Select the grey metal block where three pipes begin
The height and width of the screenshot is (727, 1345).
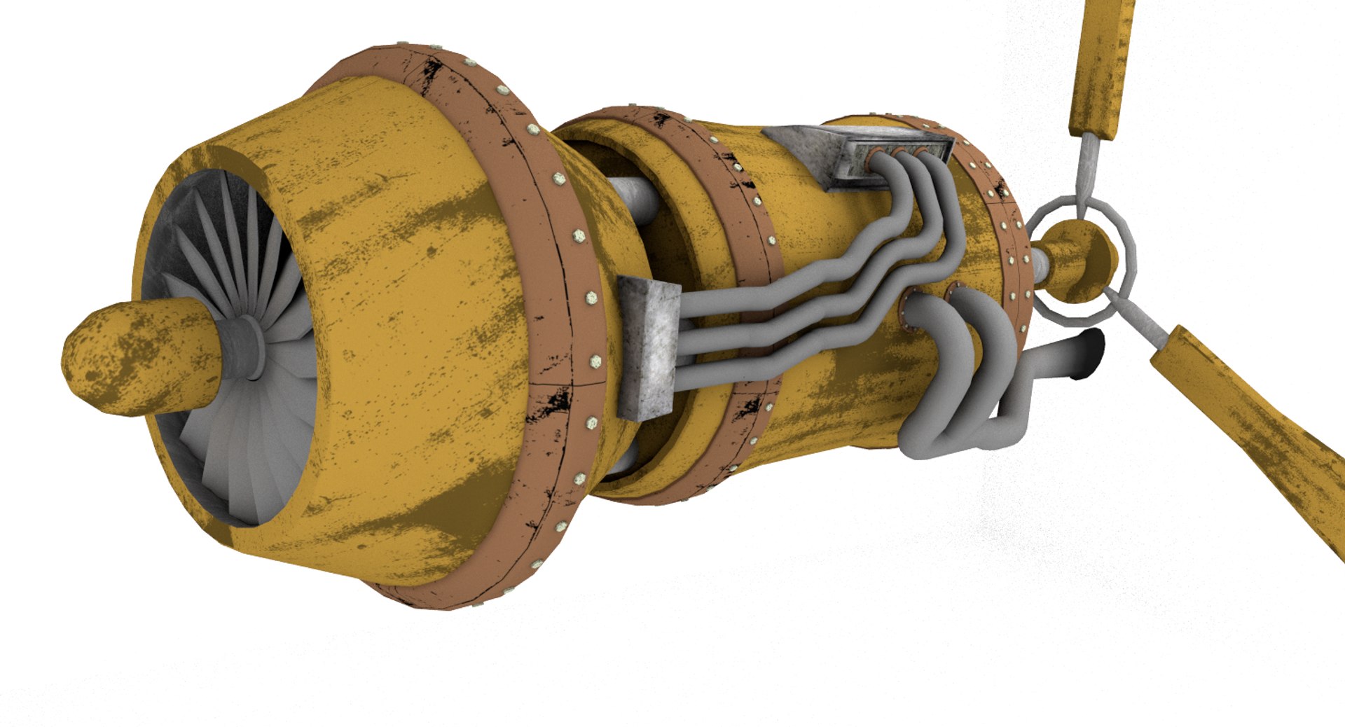coord(648,347)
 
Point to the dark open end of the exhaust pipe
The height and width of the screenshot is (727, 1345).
coord(1094,354)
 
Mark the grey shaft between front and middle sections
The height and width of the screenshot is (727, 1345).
coord(634,196)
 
